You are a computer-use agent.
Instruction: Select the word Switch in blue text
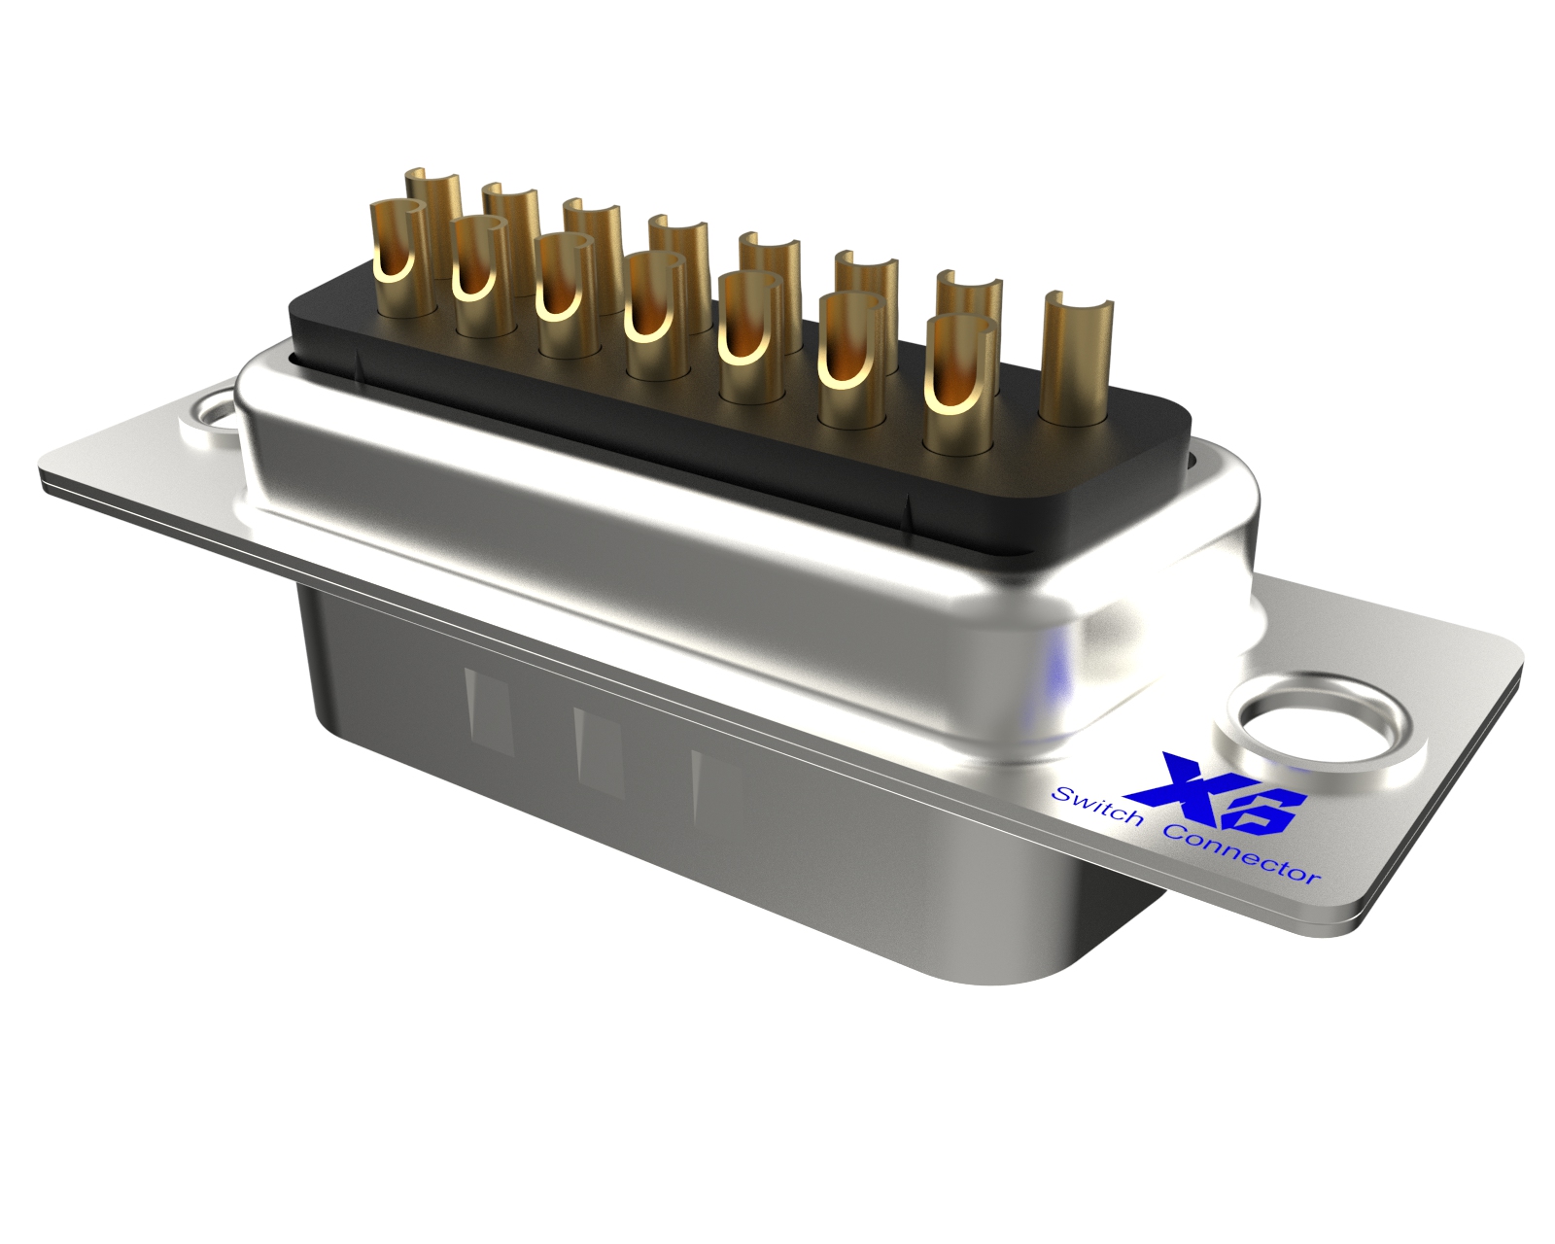(x=1096, y=806)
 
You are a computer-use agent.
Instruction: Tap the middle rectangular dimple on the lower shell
(x=599, y=752)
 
